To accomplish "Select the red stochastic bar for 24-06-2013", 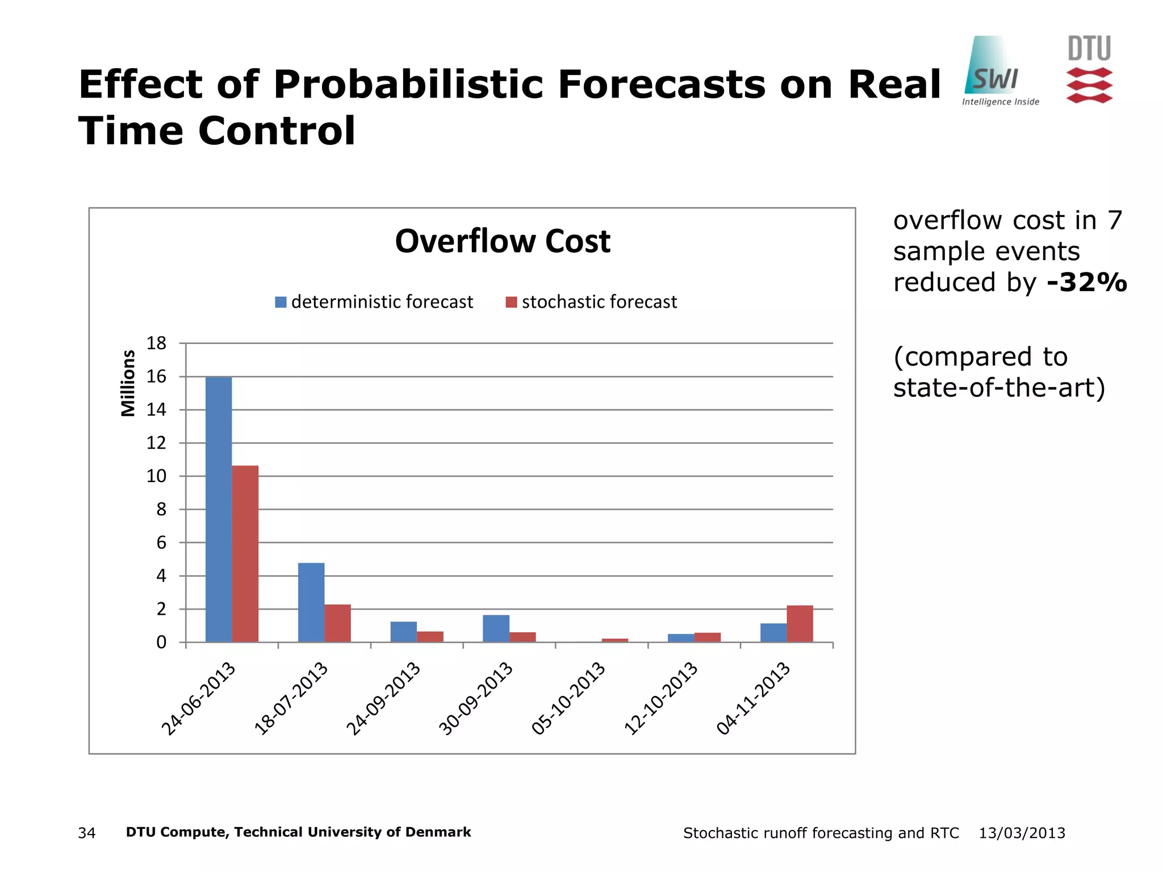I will (x=245, y=554).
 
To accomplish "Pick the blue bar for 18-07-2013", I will (x=311, y=602).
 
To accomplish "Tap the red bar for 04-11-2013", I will (x=800, y=624).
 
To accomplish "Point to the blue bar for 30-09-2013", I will (x=496, y=628).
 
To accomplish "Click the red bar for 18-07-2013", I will (x=337, y=623).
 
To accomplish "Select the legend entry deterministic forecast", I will (x=374, y=302).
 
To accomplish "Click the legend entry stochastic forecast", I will (x=592, y=302).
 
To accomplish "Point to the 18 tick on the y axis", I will (x=156, y=343).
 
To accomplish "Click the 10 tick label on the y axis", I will (x=156, y=476).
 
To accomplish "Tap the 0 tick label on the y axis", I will (x=161, y=643).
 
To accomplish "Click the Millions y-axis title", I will (x=128, y=383).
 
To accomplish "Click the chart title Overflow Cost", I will (x=503, y=241).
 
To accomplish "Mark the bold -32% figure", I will (x=1087, y=282).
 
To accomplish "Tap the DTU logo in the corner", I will (x=1089, y=69).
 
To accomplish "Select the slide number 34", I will (x=87, y=833).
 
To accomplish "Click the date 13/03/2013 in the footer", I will (x=1022, y=833).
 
